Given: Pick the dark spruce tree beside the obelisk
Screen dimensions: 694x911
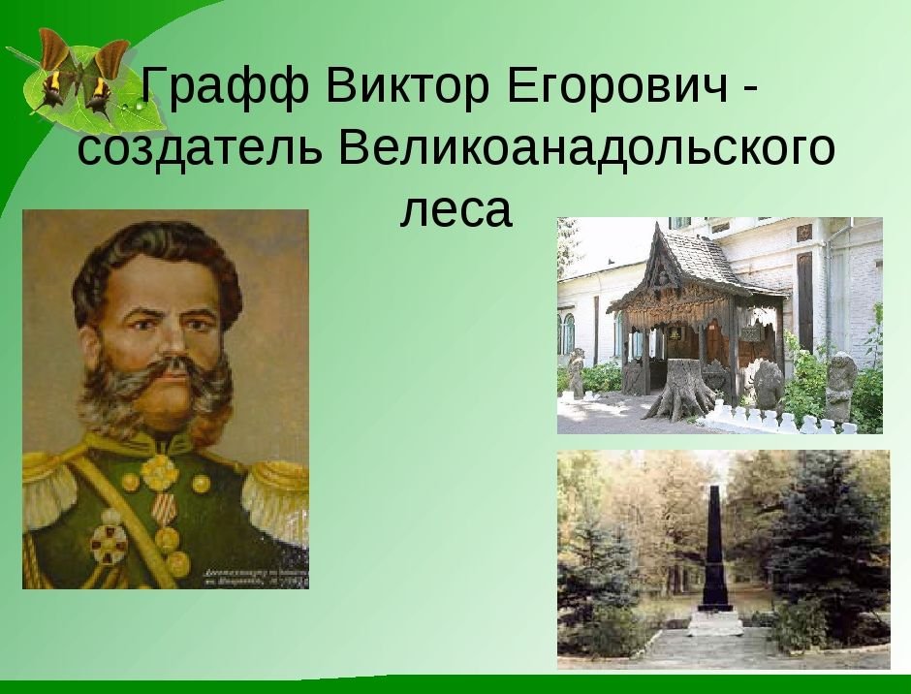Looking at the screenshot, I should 824,543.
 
